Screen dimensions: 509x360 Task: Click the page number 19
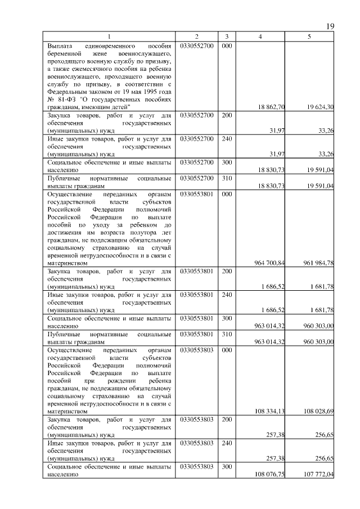click(330, 26)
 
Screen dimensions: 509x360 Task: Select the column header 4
click(259, 37)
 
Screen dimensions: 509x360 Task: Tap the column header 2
click(196, 37)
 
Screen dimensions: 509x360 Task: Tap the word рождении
click(109, 380)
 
